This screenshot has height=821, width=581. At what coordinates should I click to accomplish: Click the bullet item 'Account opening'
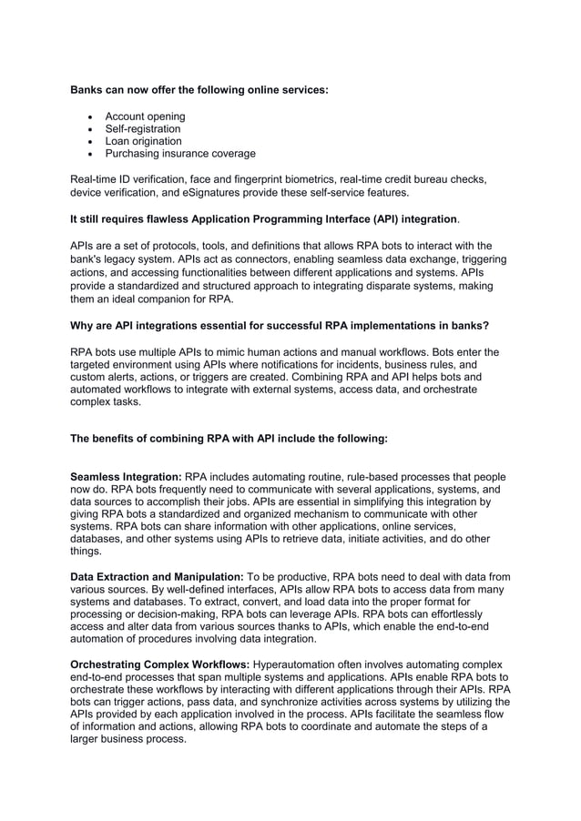pos(145,117)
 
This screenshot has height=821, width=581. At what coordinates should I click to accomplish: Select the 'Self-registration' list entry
pos(143,129)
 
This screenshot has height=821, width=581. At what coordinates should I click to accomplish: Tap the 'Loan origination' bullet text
pos(143,141)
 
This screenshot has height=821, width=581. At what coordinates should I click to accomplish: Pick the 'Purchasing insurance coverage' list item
pos(179,154)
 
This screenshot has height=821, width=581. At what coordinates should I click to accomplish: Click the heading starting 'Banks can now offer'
pos(199,91)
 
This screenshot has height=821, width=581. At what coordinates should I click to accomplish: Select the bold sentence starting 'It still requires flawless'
pos(263,219)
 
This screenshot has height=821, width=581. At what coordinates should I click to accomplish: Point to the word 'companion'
pos(171,299)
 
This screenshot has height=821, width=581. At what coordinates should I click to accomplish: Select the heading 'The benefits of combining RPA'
pos(229,438)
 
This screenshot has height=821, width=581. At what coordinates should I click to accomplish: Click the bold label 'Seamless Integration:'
pos(127,477)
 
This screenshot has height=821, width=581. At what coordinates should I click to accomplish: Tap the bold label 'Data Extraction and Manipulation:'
pos(157,577)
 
